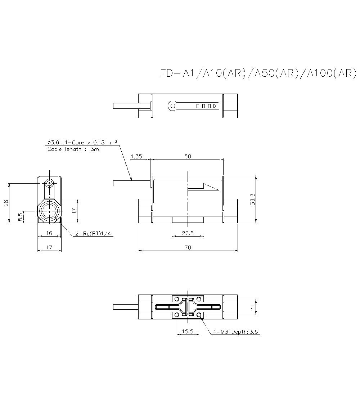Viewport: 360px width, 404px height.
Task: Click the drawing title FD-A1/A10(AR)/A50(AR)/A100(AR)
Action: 258,73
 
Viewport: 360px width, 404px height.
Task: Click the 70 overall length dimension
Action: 188,247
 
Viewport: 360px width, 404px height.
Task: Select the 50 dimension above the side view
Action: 188,156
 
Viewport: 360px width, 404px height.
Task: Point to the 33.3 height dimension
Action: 253,199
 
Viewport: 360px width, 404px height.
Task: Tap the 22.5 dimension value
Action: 188,233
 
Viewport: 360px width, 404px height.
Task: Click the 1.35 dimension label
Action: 136,156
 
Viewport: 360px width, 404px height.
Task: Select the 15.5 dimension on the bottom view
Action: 188,332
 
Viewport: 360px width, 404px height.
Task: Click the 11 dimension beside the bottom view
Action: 253,307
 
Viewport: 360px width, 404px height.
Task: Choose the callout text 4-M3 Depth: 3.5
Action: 236,332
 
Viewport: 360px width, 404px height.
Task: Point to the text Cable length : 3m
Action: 73,149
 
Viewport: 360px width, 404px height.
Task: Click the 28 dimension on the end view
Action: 6,203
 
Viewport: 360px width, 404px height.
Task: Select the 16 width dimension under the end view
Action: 49,233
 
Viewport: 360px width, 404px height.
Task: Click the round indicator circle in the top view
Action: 172,106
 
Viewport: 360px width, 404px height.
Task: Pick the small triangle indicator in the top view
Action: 215,106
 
